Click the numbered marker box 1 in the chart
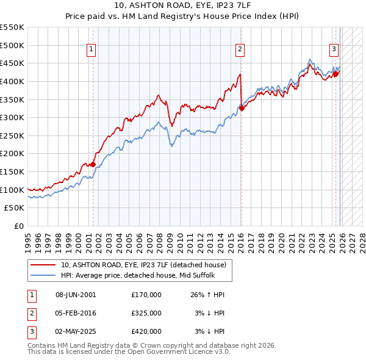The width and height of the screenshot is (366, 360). (x=91, y=49)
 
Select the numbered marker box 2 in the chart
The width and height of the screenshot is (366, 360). (x=240, y=49)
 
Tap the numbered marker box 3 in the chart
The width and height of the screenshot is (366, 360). (x=334, y=49)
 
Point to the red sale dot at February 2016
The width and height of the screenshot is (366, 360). (x=242, y=108)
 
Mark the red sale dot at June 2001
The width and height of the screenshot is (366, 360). (x=93, y=164)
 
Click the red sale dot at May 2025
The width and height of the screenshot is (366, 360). (x=336, y=74)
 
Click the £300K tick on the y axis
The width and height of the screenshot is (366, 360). (x=13, y=117)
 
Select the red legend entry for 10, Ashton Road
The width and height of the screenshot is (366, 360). (x=143, y=265)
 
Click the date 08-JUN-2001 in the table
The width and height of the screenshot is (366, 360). (x=76, y=295)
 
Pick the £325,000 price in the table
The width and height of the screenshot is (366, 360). (x=146, y=313)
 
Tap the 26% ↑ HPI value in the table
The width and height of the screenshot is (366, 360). (x=207, y=295)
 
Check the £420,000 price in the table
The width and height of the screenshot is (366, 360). (x=146, y=331)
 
